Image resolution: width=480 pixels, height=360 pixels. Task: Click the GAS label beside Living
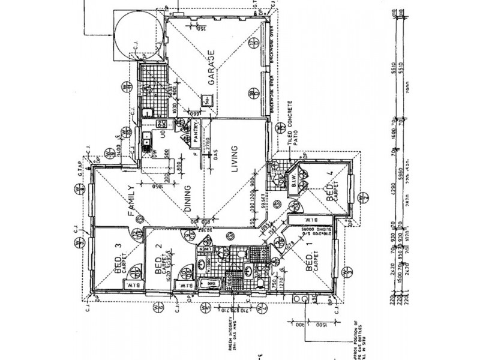(x=215, y=153)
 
